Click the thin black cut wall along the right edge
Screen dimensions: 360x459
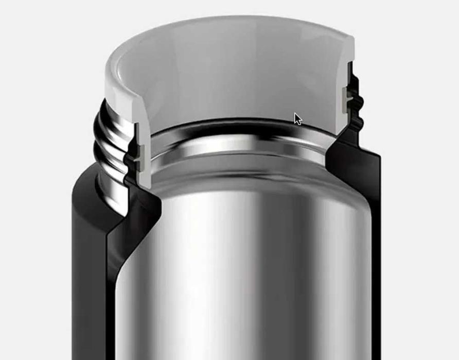pos(375,258)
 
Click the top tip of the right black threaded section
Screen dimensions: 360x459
pos(350,64)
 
